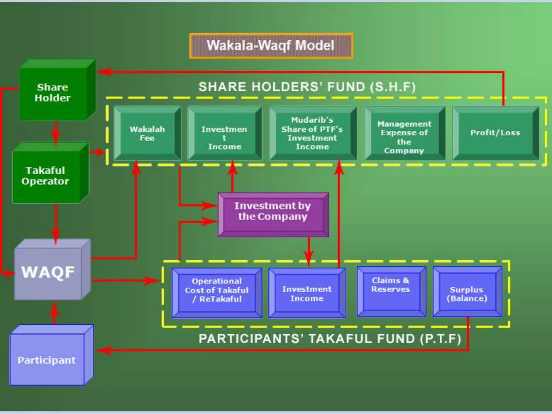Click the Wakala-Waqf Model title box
271,46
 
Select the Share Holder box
53,92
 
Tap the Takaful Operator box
46,176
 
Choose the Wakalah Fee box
147,133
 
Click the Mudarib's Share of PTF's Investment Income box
313,133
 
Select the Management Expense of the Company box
404,137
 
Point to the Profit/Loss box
495,133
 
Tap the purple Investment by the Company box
273,214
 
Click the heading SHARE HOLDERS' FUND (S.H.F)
307,87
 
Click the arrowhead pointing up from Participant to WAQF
55,307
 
